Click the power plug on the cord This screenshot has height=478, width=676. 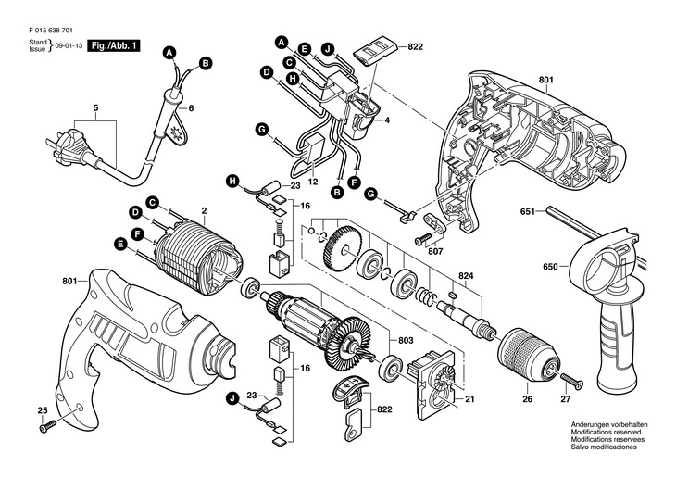(54, 145)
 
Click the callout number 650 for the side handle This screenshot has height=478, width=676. (550, 267)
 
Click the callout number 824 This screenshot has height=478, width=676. (466, 276)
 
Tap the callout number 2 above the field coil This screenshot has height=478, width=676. (203, 212)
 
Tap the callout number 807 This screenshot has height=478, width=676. (435, 249)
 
